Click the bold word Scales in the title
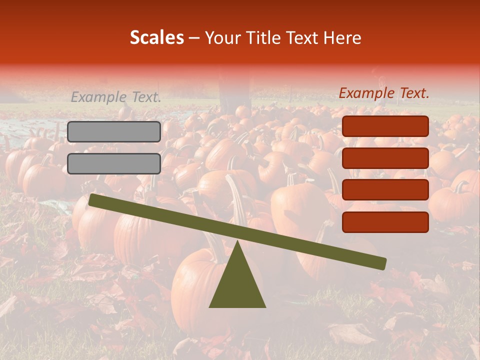[156, 37]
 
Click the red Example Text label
[384, 93]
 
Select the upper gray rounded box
[114, 131]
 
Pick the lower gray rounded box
[114, 163]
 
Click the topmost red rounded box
[385, 126]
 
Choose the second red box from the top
[385, 158]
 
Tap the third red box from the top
[385, 190]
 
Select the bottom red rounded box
[385, 222]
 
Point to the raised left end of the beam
[93, 200]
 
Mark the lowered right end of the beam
[382, 263]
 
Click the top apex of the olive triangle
[237, 242]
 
